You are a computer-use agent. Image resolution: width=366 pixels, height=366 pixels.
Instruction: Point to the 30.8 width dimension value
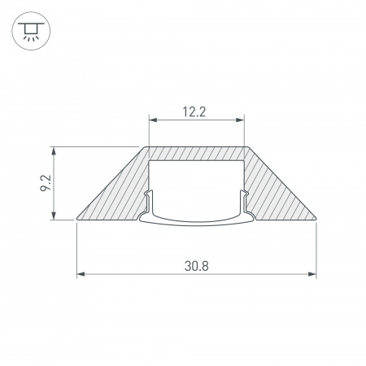pos(196,265)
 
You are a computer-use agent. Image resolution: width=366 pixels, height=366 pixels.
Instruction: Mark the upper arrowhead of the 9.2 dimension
pos(54,150)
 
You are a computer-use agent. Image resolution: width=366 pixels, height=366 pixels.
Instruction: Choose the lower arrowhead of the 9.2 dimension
pos(54,216)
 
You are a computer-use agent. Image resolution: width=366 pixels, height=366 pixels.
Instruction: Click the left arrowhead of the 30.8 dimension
pos(80,275)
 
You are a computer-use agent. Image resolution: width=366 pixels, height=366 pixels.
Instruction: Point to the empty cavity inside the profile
pos(196,183)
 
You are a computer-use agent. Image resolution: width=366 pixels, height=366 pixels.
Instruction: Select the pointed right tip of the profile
pos(316,218)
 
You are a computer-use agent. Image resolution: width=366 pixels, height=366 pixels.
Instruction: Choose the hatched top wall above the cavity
pos(196,153)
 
